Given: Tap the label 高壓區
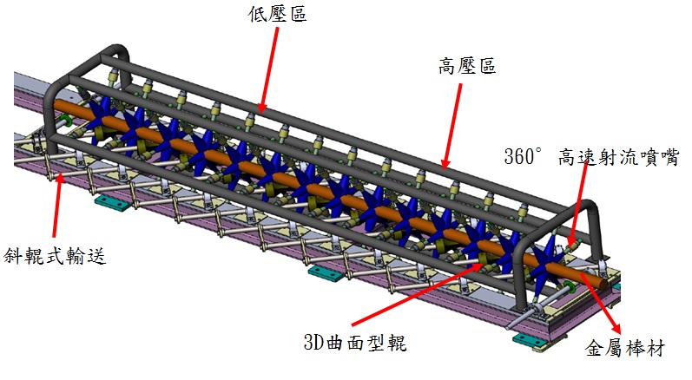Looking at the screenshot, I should pos(467,67).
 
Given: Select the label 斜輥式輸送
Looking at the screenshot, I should pos(53,256).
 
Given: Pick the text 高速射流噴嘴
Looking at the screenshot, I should pos(617,157).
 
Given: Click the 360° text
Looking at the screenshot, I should pos(523,157).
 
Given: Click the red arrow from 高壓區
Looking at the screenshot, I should pos(452,121).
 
